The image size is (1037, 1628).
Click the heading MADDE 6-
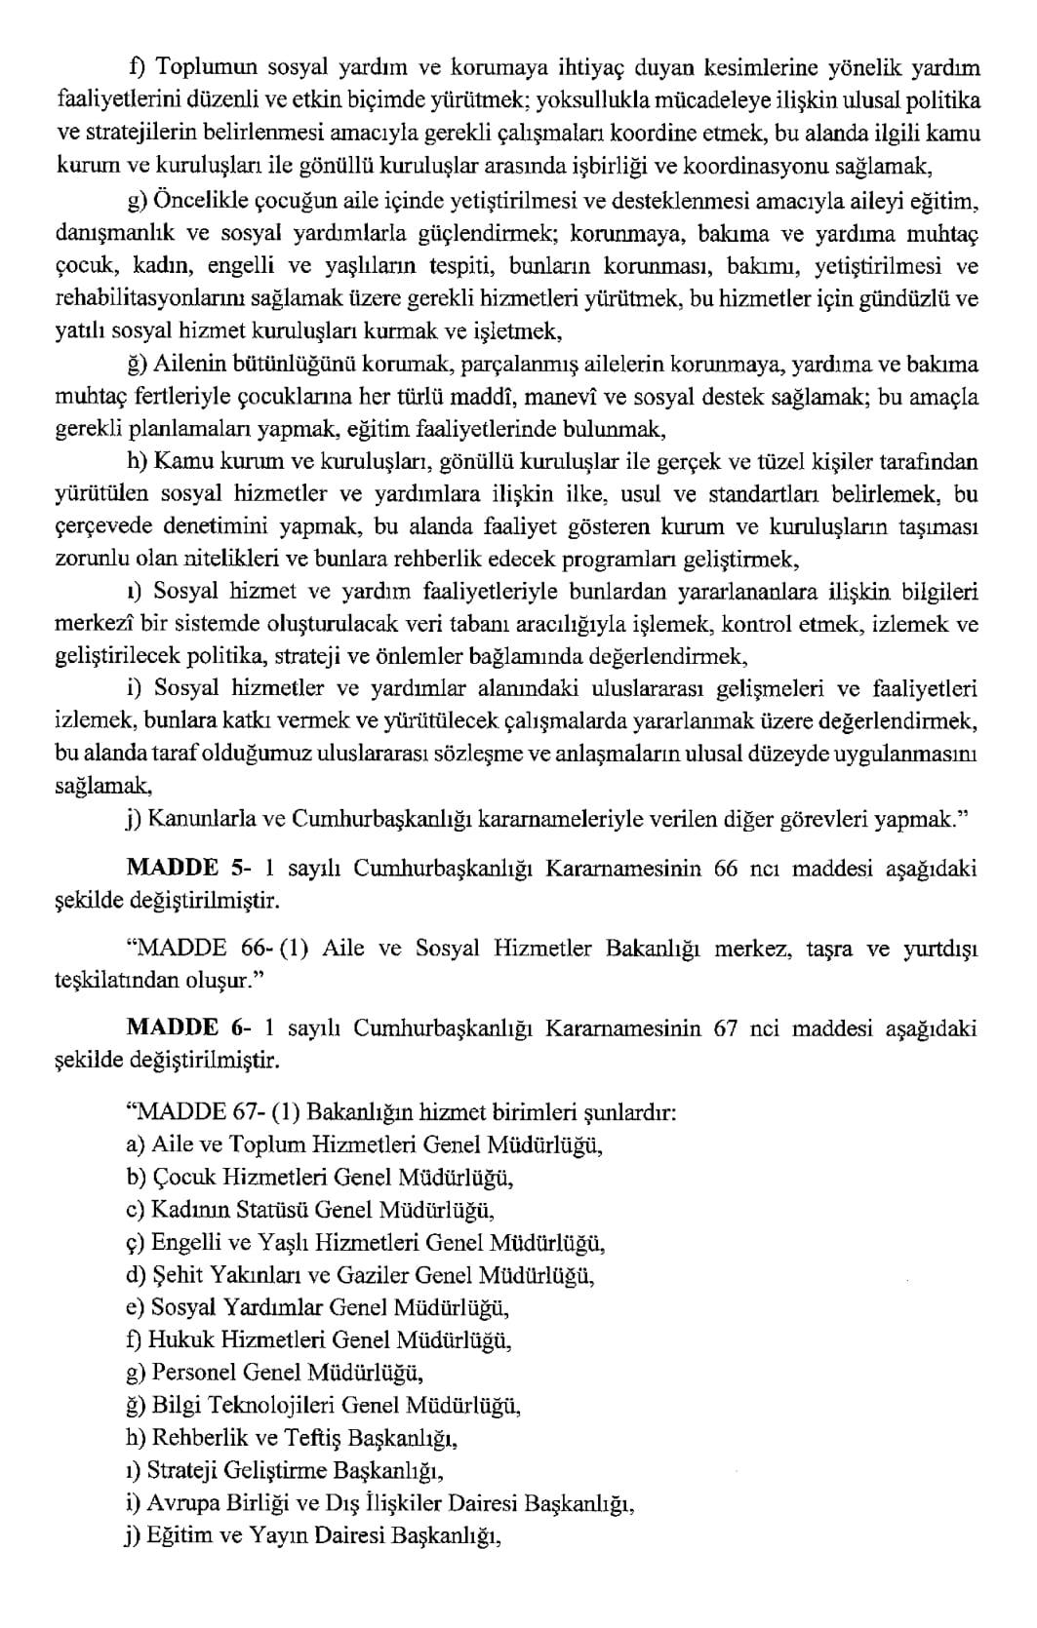point(172,1028)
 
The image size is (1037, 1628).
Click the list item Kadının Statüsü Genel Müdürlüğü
point(311,1210)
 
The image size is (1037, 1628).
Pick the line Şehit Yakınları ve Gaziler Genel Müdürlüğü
point(361,1275)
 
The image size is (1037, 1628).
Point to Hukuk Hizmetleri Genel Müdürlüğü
point(319,1340)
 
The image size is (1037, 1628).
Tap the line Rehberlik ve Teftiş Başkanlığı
point(293,1438)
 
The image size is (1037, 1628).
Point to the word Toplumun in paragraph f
point(206,67)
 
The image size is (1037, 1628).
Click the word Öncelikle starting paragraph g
point(200,202)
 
